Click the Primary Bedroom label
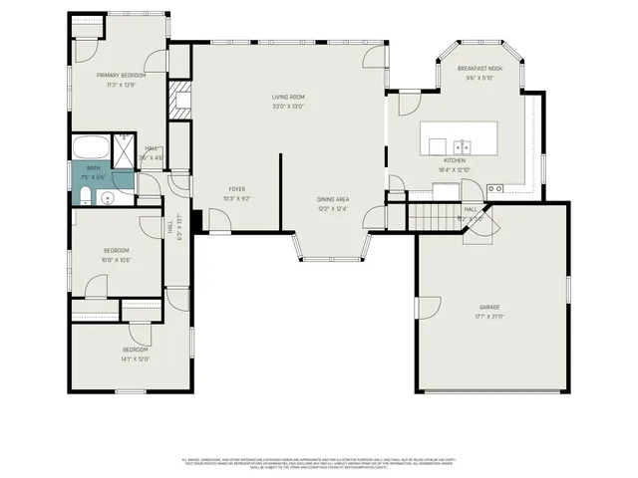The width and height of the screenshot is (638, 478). (x=121, y=76)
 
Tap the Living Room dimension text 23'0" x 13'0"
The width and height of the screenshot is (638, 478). (x=288, y=107)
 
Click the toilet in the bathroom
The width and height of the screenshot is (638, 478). (x=86, y=192)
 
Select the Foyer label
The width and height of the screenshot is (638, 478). (x=237, y=188)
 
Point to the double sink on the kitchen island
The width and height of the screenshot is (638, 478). (x=461, y=144)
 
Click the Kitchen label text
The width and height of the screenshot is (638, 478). (x=455, y=160)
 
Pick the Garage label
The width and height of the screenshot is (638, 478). (x=488, y=307)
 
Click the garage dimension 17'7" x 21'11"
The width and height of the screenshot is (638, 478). (x=488, y=317)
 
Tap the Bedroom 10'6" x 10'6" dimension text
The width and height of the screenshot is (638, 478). (x=118, y=260)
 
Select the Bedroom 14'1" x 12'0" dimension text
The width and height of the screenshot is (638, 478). (x=135, y=359)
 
